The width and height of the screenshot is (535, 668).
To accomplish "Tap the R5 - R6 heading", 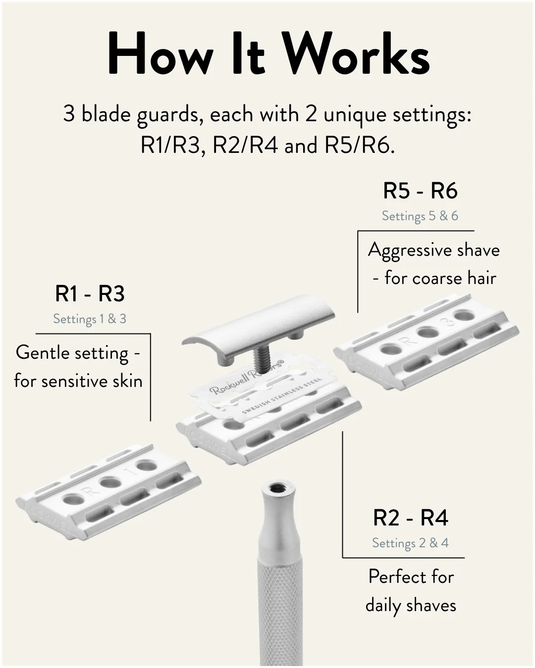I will [x=420, y=191].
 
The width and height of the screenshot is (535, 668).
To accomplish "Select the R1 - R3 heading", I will [x=90, y=294].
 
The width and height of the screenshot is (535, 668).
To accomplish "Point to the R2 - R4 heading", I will [x=410, y=518].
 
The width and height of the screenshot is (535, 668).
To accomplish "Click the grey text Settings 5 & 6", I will [x=420, y=216].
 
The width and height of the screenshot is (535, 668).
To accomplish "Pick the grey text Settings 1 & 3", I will [x=90, y=319].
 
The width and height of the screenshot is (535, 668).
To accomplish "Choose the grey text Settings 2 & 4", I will [x=410, y=543].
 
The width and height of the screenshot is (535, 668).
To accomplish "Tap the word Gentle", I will [x=44, y=353].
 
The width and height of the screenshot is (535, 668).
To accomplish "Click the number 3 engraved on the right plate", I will [x=449, y=322].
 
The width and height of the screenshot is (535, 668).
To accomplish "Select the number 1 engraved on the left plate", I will [x=130, y=473].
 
